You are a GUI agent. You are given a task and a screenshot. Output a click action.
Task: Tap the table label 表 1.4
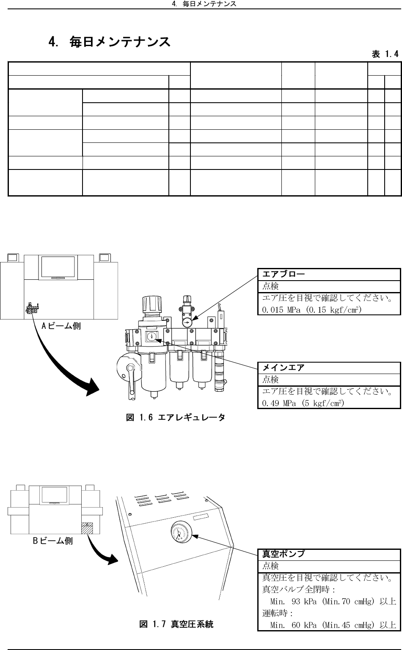(385, 54)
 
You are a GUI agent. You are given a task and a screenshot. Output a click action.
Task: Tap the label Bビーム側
(53, 541)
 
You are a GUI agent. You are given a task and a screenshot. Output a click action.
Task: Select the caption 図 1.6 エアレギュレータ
(176, 418)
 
